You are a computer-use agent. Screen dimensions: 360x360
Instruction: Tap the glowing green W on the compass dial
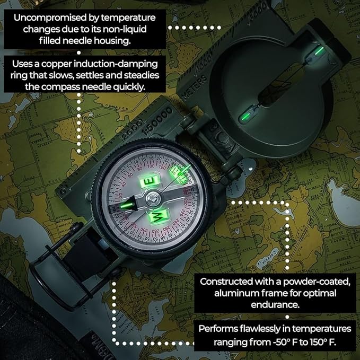[159, 214]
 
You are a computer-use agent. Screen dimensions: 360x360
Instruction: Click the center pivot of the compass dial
[153, 198]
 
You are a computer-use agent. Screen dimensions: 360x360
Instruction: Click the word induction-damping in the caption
[119, 64]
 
